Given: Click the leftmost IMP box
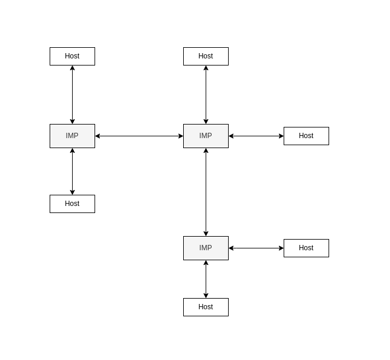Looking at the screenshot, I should pyautogui.click(x=72, y=136).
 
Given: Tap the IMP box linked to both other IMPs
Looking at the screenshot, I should pyautogui.click(x=206, y=136).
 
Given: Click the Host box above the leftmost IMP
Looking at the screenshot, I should pyautogui.click(x=72, y=56).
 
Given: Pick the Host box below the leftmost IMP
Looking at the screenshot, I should pyautogui.click(x=72, y=204).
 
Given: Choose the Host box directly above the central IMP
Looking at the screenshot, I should pyautogui.click(x=206, y=56).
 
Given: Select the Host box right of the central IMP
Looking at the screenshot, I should pyautogui.click(x=306, y=136).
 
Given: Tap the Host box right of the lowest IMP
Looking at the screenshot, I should pyautogui.click(x=306, y=248).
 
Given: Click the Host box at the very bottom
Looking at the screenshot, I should pyautogui.click(x=206, y=307).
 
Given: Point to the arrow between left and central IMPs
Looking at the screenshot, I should pyautogui.click(x=139, y=136).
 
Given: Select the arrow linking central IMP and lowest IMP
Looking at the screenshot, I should pyautogui.click(x=206, y=192).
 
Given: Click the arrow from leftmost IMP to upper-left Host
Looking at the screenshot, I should pyautogui.click(x=72, y=94).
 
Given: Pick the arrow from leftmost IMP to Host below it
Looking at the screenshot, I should pyautogui.click(x=72, y=171).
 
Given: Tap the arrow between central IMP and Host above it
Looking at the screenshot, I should pyautogui.click(x=206, y=94).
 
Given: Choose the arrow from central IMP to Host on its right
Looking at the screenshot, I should pyautogui.click(x=256, y=136).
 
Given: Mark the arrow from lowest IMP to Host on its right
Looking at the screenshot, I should pyautogui.click(x=256, y=248).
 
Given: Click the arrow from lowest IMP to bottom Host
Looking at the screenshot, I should pyautogui.click(x=206, y=279).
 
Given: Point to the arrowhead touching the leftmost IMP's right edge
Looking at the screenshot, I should pyautogui.click(x=98, y=136).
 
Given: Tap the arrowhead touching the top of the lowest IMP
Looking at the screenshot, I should pyautogui.click(x=206, y=233).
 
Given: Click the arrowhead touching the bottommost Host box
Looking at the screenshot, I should pyautogui.click(x=206, y=295).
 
